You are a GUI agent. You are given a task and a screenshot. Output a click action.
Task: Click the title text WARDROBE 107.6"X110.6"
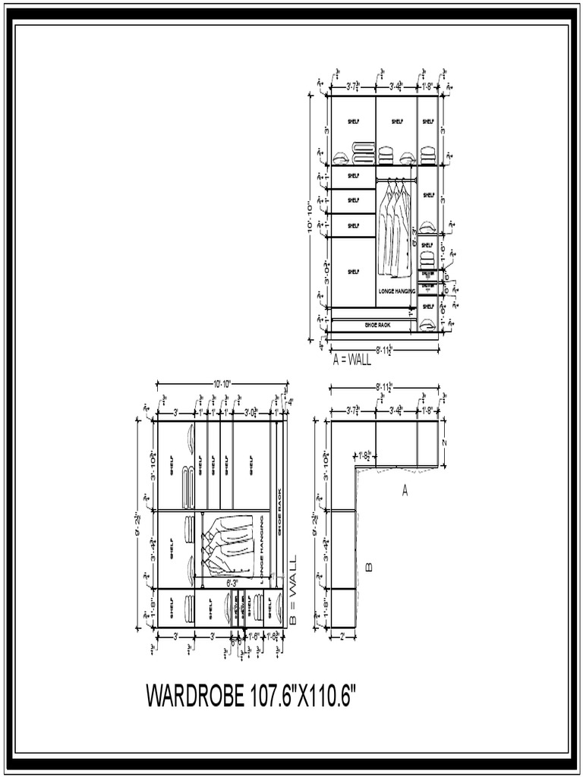click(251, 696)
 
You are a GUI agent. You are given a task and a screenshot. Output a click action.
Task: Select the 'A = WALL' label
click(352, 359)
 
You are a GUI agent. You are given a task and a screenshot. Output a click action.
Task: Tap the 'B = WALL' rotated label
click(291, 591)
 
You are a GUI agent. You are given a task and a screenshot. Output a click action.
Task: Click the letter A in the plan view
click(405, 492)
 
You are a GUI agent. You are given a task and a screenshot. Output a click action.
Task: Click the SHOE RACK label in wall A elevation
click(376, 325)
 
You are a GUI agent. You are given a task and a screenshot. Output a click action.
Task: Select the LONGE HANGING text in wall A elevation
click(396, 291)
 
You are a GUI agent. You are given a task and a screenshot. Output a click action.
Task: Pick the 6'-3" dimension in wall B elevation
click(233, 583)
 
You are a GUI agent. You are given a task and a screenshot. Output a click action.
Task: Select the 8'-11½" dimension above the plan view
click(383, 388)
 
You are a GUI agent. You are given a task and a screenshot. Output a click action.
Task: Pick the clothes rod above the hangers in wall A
click(397, 179)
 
